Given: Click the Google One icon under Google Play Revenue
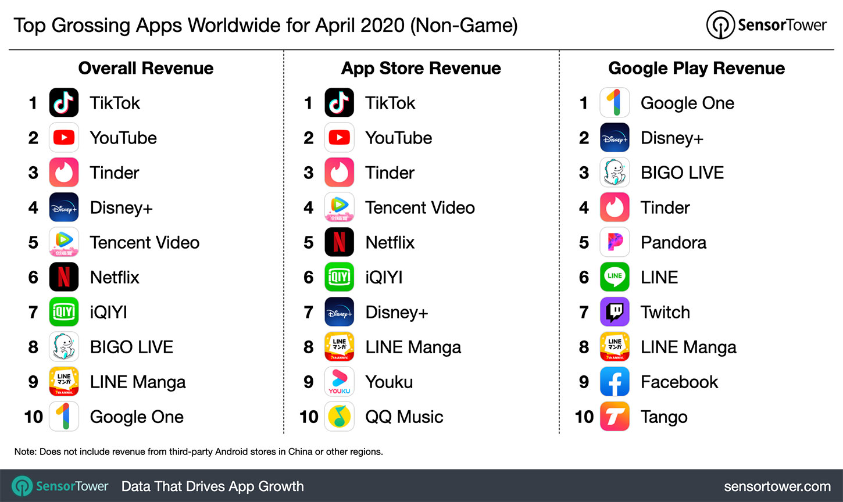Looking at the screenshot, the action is click(x=615, y=102).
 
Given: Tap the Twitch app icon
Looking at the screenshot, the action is click(x=615, y=312).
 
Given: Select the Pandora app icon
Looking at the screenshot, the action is click(x=615, y=242).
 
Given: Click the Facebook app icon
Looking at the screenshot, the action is click(x=615, y=381).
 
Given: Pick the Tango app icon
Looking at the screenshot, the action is click(x=615, y=416).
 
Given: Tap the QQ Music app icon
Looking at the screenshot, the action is click(x=339, y=416).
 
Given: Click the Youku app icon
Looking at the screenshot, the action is click(x=339, y=381).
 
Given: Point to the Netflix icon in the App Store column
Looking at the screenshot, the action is click(x=339, y=242).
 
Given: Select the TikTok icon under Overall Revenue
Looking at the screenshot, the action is click(x=63, y=102).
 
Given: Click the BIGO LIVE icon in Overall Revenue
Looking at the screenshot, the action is click(x=63, y=346).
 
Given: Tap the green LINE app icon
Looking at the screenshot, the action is click(x=615, y=277).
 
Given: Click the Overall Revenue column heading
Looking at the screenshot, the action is click(x=146, y=69).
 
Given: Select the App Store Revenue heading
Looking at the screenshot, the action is click(x=421, y=69).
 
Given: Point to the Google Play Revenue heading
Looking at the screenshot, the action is click(x=696, y=69).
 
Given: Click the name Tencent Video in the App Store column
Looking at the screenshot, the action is click(x=420, y=207).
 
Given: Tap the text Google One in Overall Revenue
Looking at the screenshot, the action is click(x=137, y=417).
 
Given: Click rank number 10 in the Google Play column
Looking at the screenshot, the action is click(x=584, y=417).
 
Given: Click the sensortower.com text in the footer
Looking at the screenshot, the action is click(x=777, y=486).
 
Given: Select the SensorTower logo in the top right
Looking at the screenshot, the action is click(x=766, y=25).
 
